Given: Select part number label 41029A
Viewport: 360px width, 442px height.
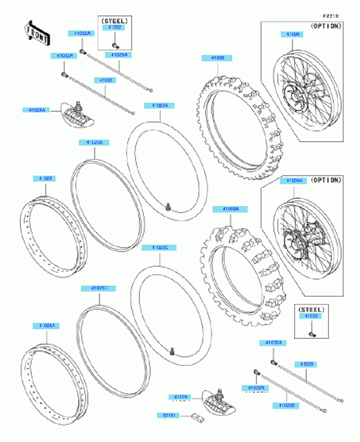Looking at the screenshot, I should point(119,55).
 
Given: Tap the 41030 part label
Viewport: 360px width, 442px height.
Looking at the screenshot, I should point(107,81).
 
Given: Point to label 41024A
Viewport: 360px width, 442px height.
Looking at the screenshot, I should point(35,110).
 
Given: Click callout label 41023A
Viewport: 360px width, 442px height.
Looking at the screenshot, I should point(94,142).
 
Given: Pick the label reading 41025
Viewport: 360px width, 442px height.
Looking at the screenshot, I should point(45,178).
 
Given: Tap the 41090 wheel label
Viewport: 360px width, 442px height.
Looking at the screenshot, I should point(293,35).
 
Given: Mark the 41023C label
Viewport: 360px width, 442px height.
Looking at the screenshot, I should point(91,288).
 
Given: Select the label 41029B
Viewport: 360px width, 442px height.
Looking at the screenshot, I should point(285,406).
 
